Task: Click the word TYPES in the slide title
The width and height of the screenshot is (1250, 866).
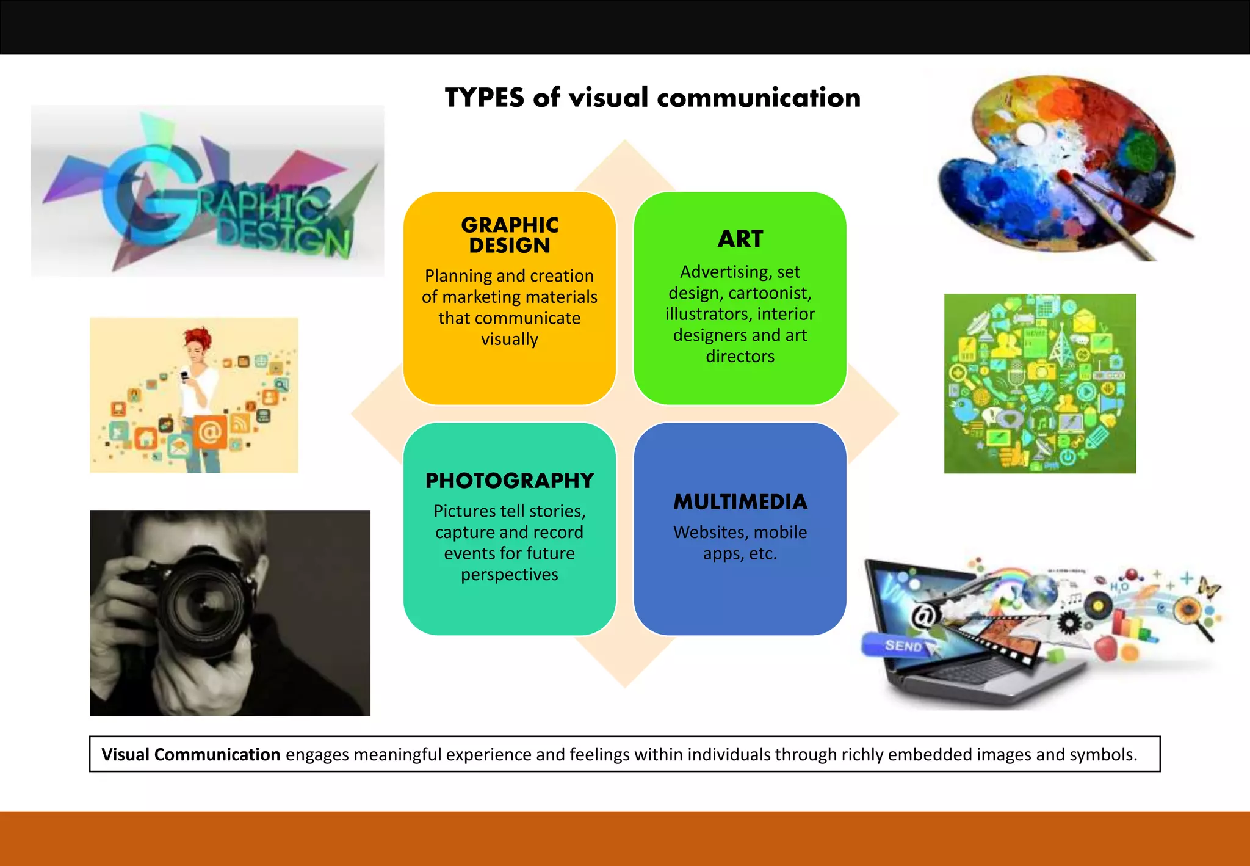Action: click(x=484, y=98)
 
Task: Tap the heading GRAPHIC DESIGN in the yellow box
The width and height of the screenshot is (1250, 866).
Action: click(x=510, y=235)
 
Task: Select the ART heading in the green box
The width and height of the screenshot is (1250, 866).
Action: click(x=740, y=239)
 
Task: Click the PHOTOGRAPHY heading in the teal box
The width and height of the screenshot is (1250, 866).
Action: click(x=510, y=481)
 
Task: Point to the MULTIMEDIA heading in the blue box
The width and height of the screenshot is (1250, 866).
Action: click(x=740, y=502)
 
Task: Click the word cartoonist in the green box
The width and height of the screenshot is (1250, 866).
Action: click(x=770, y=293)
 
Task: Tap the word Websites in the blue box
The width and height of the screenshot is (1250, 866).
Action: click(x=710, y=533)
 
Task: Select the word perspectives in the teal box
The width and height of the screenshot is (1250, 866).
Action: click(x=510, y=575)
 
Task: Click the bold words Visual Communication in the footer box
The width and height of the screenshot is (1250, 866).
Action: click(x=190, y=755)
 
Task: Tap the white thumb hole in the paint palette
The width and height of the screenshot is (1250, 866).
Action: click(x=1030, y=133)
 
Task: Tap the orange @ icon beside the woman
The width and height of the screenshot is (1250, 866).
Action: click(x=209, y=432)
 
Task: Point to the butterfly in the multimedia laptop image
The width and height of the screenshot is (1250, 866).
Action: click(x=1208, y=588)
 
